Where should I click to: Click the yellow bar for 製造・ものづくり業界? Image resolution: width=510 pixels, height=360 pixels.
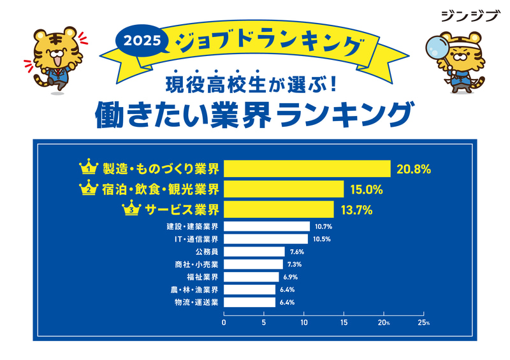(x=307, y=169)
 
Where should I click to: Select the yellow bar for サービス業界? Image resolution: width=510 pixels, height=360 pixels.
(x=279, y=209)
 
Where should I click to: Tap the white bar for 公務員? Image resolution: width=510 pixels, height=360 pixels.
(x=254, y=252)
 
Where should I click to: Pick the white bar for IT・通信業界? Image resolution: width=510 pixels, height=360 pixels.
(x=266, y=239)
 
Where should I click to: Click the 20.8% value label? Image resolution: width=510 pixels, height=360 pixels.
(x=414, y=169)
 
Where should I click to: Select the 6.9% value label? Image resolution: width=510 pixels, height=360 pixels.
(x=289, y=277)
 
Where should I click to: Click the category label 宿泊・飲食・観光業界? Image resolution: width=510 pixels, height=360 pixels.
(x=160, y=189)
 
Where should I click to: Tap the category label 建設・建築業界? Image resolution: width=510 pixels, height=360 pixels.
(x=192, y=226)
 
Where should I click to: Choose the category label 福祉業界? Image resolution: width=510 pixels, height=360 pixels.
(x=203, y=277)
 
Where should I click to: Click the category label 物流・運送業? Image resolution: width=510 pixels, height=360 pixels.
(x=196, y=303)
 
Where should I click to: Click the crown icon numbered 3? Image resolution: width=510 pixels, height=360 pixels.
(x=131, y=209)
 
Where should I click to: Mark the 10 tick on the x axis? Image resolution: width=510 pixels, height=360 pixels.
(x=304, y=323)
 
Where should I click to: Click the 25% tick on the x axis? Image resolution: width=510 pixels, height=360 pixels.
(x=424, y=323)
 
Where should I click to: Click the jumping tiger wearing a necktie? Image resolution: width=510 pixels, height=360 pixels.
(x=54, y=60)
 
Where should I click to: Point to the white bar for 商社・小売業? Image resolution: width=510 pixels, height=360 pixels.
(x=253, y=264)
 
